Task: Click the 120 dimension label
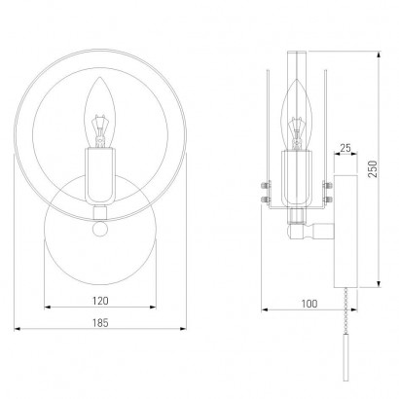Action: (100, 301)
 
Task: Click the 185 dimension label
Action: (100, 323)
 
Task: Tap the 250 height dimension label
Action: (374, 169)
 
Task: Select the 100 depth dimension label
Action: (309, 304)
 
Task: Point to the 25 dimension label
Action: (345, 148)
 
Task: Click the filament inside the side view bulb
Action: (296, 132)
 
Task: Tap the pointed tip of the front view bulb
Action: (100, 77)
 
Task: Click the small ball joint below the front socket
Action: (100, 229)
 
